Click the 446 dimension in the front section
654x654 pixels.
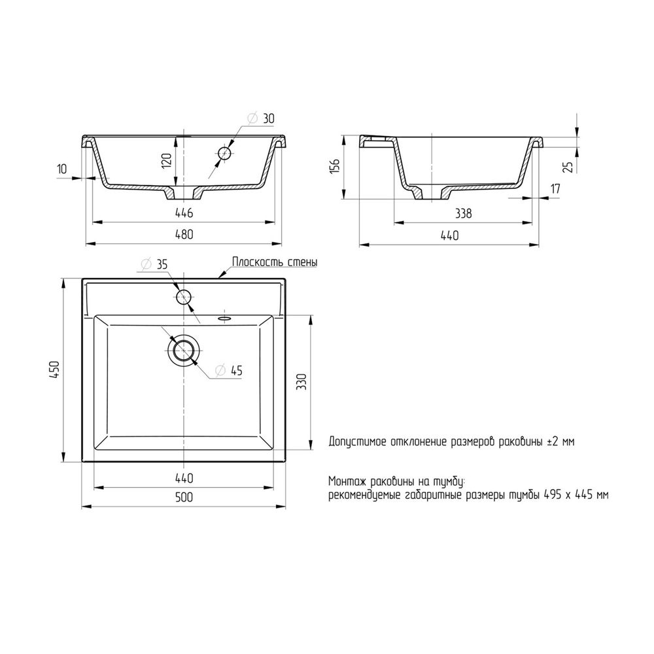click(x=184, y=213)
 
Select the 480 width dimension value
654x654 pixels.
click(x=184, y=234)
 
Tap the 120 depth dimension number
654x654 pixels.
click(x=166, y=161)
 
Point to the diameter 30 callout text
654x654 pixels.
click(x=262, y=118)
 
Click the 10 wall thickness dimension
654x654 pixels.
click(x=61, y=169)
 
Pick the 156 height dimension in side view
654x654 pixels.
click(x=335, y=166)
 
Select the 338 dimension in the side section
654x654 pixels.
click(x=463, y=214)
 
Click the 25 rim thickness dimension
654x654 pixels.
click(x=568, y=167)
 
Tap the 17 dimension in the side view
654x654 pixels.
click(x=555, y=188)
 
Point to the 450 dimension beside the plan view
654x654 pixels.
click(x=55, y=370)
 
